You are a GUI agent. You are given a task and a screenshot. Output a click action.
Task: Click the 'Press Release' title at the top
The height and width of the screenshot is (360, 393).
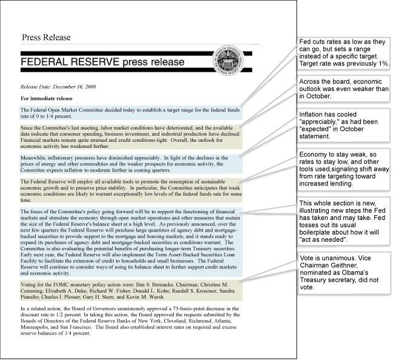click(46, 38)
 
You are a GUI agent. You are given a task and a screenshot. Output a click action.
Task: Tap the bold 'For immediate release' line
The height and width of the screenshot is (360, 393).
click(47, 98)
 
